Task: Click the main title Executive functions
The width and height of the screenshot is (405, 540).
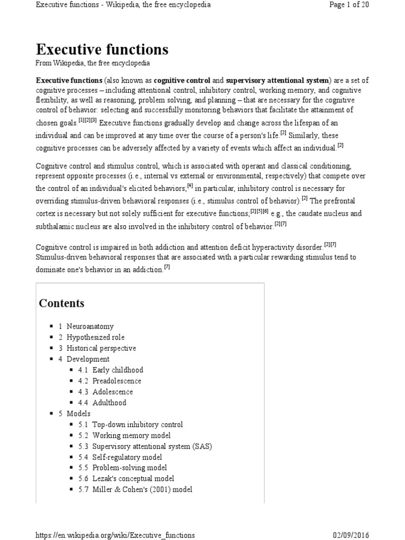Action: (102, 50)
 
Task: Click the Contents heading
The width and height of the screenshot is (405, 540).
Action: (61, 303)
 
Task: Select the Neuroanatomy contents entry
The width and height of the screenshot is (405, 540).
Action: (90, 326)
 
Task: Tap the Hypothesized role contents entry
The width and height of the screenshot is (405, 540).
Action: (95, 337)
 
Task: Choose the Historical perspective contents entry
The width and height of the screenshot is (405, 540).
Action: (101, 348)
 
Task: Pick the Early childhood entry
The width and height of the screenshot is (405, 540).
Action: (117, 370)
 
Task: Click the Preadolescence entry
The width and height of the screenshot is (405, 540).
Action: (117, 381)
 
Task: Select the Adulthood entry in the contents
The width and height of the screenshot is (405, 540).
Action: (109, 402)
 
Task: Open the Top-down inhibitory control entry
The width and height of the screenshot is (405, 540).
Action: (137, 425)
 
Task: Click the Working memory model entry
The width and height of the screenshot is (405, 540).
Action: (131, 435)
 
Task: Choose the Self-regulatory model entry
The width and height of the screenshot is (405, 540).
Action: (127, 457)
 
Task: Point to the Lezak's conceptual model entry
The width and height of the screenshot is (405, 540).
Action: (133, 479)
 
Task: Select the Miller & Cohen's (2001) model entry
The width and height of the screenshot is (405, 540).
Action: (142, 489)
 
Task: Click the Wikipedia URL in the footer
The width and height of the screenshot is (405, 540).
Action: (115, 535)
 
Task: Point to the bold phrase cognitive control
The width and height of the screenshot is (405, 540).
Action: (182, 80)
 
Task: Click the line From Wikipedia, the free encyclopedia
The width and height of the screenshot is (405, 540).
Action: (92, 63)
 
